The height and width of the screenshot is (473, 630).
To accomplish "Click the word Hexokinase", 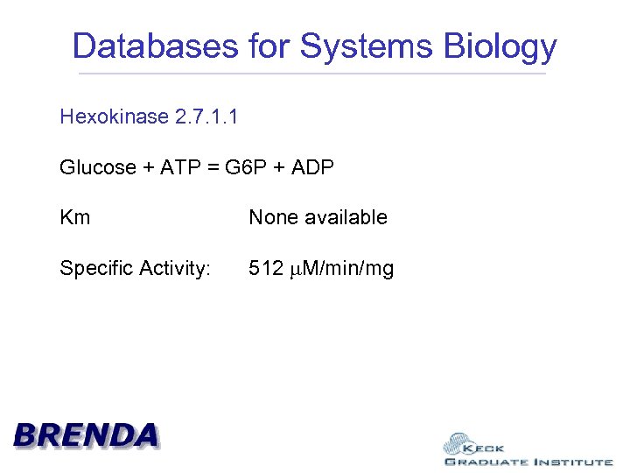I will tap(114, 116).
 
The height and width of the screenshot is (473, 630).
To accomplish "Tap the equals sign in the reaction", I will tap(213, 167).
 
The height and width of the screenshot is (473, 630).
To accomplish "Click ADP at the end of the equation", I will tap(312, 167).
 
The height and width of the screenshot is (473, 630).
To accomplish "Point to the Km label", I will tap(74, 217).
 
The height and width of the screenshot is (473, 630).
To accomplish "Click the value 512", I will tap(265, 268).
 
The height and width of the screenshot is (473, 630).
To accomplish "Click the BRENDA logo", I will tap(86, 434).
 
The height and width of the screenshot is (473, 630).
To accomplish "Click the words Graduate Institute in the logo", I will tap(528, 462).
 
